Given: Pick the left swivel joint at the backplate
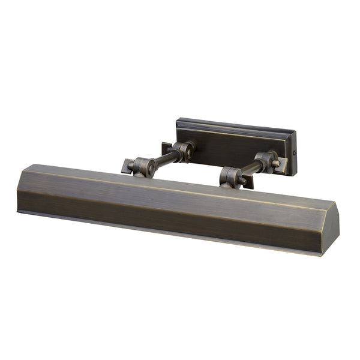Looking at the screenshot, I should tap(182, 151).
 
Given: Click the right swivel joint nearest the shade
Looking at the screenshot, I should tap(232, 177).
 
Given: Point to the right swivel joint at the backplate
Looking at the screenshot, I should tap(265, 160).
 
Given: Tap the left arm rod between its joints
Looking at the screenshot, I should tap(164, 158).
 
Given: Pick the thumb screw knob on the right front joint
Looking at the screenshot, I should tap(242, 179).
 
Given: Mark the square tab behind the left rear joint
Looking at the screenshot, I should tap(166, 148).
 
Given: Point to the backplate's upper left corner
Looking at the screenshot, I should tap(178, 120).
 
